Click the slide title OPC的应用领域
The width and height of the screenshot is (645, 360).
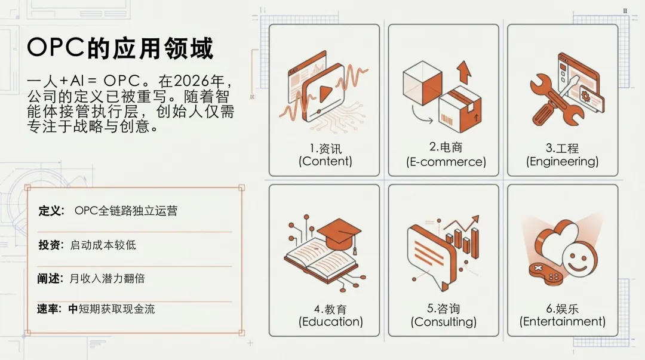120,48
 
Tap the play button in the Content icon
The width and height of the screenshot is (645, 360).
324,94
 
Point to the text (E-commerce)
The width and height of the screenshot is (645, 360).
446,162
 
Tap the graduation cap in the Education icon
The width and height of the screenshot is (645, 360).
339,230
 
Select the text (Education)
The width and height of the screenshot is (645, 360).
331,322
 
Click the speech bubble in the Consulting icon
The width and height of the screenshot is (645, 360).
431,250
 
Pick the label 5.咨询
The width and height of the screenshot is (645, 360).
443,309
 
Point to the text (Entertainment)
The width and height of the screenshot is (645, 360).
562,322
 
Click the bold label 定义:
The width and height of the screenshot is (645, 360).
51,211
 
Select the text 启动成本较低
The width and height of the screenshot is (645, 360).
103,245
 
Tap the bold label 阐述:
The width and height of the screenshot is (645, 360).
51,278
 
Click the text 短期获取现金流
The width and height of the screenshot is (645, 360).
116,309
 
